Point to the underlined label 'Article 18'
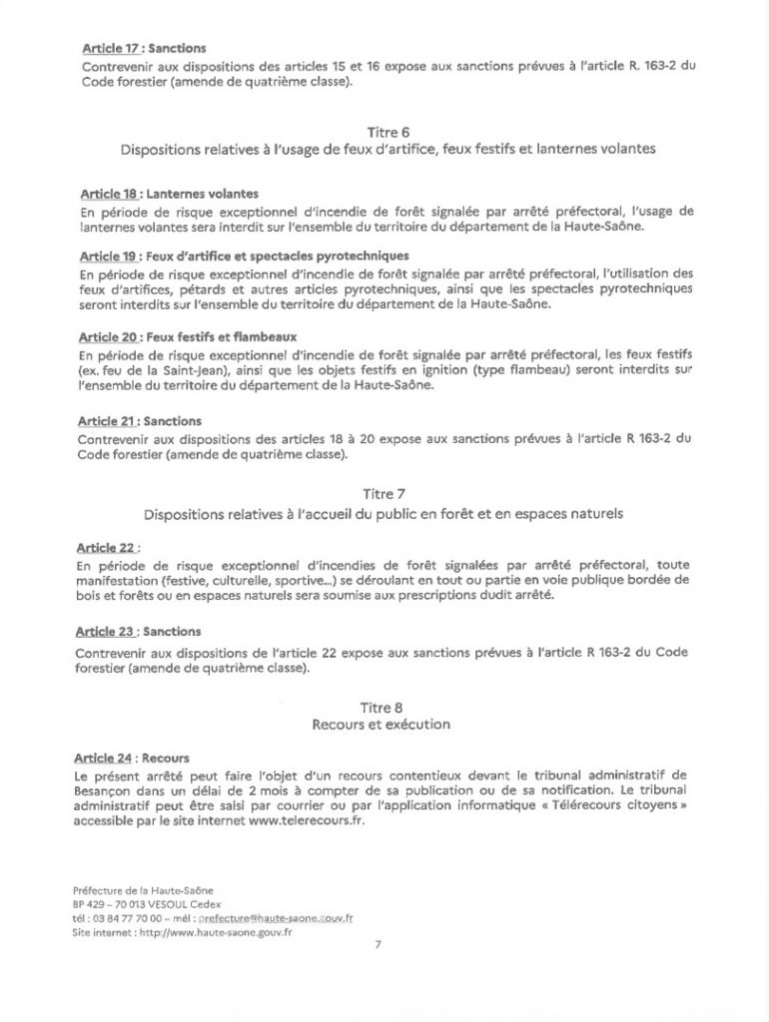tap(107, 194)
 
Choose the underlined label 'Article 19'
tap(107, 255)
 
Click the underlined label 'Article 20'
tap(107, 337)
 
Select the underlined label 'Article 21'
tap(107, 420)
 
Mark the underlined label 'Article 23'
tap(107, 632)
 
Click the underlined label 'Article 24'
tap(107, 758)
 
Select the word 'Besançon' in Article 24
tap(108, 787)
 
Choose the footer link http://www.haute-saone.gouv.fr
tap(210, 931)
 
